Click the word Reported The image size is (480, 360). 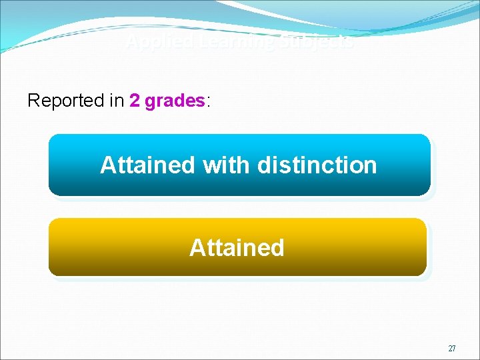(66, 101)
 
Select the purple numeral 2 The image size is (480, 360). (135, 101)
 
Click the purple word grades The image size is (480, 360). (175, 101)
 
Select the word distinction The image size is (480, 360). (317, 165)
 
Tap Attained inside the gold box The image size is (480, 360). (237, 247)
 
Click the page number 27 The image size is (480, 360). (452, 349)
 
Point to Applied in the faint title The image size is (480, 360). (150, 43)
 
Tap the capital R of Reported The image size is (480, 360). (33, 101)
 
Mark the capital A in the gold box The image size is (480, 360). (197, 247)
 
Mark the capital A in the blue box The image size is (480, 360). (108, 165)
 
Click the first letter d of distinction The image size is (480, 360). (265, 165)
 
